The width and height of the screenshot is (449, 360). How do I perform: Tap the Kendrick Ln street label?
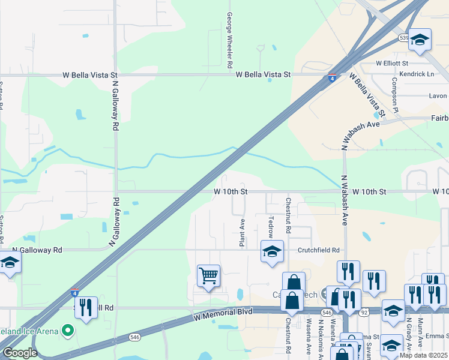click(x=418, y=74)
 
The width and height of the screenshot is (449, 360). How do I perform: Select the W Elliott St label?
click(x=392, y=63)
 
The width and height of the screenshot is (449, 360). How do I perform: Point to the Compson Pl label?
click(x=394, y=95)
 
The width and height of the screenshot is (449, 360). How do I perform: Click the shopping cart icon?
click(x=208, y=276)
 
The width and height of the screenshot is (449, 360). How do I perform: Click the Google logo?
click(x=20, y=353)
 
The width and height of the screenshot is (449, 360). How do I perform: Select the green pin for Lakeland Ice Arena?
click(x=68, y=331)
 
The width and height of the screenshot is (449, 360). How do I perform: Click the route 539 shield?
click(x=403, y=38)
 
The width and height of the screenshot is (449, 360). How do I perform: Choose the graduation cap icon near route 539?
click(x=420, y=40)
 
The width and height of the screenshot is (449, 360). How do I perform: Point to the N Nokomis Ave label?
click(x=322, y=339)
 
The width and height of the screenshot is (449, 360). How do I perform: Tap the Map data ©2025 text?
click(x=424, y=355)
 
